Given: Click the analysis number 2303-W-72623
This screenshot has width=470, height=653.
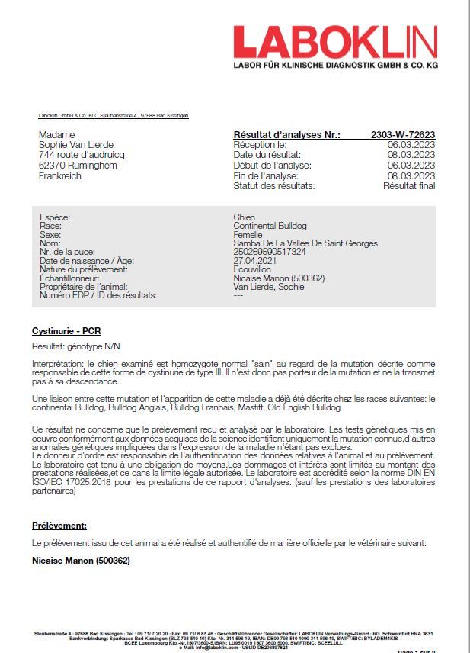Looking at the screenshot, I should pyautogui.click(x=403, y=135).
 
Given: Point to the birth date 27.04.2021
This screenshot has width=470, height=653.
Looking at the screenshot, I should pyautogui.click(x=255, y=261).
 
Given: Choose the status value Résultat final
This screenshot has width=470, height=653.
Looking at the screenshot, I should pyautogui.click(x=409, y=186).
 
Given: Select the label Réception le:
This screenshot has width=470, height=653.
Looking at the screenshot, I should pyautogui.click(x=260, y=145).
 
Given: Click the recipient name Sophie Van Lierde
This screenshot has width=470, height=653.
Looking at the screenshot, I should pyautogui.click(x=75, y=145).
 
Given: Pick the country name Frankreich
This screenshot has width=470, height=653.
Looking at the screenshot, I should pyautogui.click(x=59, y=176).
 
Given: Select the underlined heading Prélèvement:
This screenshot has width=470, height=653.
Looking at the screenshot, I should pyautogui.click(x=59, y=526).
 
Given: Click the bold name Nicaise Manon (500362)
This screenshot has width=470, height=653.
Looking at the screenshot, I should pyautogui.click(x=81, y=561).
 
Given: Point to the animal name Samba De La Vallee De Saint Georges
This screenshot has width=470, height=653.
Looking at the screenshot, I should pyautogui.click(x=305, y=243).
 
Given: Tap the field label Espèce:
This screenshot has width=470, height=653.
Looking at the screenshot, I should pyautogui.click(x=55, y=217).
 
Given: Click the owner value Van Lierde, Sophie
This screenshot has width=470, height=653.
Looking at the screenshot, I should pyautogui.click(x=268, y=287).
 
